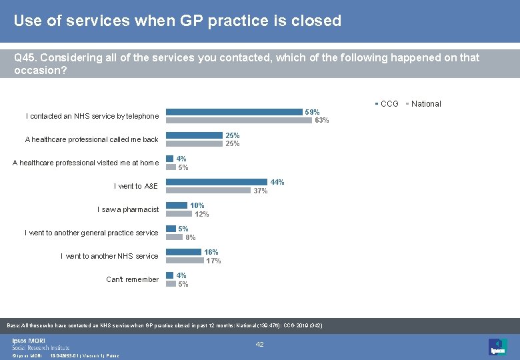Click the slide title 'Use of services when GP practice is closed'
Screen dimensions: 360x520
click(x=177, y=21)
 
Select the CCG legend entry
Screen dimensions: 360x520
click(x=387, y=103)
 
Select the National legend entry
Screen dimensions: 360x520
click(x=424, y=103)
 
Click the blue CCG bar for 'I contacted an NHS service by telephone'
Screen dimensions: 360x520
click(x=234, y=112)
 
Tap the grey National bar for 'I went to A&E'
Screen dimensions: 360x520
click(x=209, y=191)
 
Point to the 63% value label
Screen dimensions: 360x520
click(x=322, y=121)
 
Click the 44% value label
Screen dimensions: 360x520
click(x=277, y=182)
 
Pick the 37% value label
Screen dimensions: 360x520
click(x=260, y=191)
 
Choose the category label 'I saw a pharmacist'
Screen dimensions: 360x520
click(x=128, y=209)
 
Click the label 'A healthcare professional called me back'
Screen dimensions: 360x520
click(x=91, y=139)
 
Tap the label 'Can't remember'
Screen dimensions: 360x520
click(x=132, y=279)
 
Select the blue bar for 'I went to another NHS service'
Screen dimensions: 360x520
click(x=183, y=252)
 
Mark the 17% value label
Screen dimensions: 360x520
click(x=213, y=261)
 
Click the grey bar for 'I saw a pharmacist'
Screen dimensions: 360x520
click(x=178, y=214)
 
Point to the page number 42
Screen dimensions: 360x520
click(x=260, y=344)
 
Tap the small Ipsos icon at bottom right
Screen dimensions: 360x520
click(x=497, y=347)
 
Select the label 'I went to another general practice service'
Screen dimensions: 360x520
click(x=91, y=233)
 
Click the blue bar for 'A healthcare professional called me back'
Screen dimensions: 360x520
click(x=194, y=135)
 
